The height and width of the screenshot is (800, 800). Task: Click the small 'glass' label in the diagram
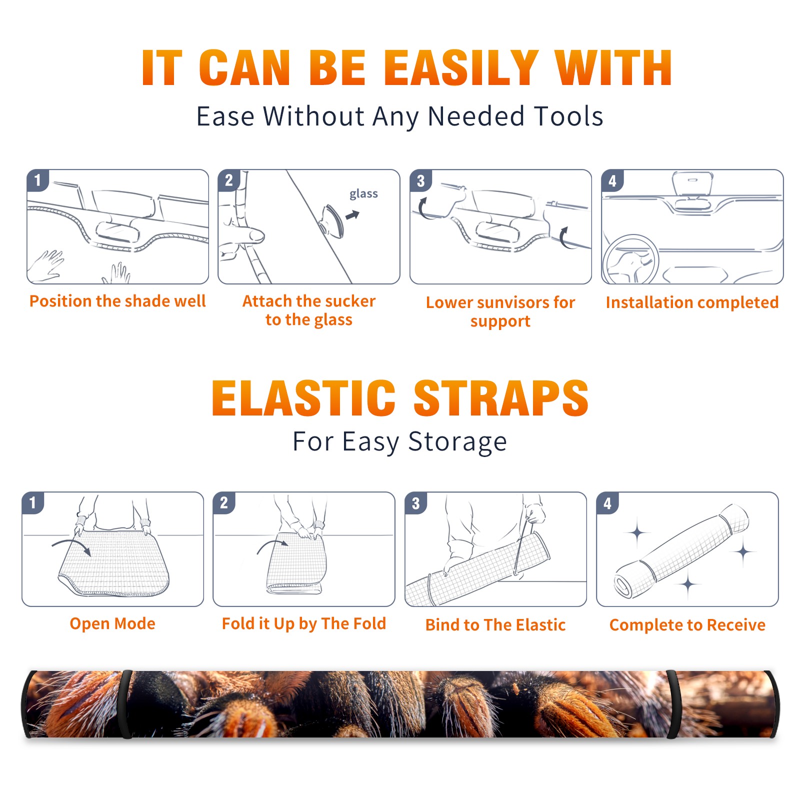[x=363, y=194]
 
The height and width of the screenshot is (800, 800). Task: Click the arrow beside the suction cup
[x=352, y=215]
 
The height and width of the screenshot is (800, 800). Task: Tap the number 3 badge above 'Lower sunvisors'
[x=420, y=180]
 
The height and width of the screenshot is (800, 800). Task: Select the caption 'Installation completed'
[x=692, y=302]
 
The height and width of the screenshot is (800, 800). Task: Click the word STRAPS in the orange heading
[x=501, y=398]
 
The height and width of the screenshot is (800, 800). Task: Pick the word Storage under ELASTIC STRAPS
[x=457, y=442]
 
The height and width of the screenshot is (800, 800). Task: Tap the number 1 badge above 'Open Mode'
[x=33, y=502]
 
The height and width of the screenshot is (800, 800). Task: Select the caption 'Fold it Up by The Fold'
[x=304, y=623]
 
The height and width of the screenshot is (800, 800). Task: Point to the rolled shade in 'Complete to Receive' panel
[x=681, y=551]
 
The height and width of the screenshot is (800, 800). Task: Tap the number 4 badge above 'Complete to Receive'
[x=607, y=502]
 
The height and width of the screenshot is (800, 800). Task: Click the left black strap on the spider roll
[x=126, y=704]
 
